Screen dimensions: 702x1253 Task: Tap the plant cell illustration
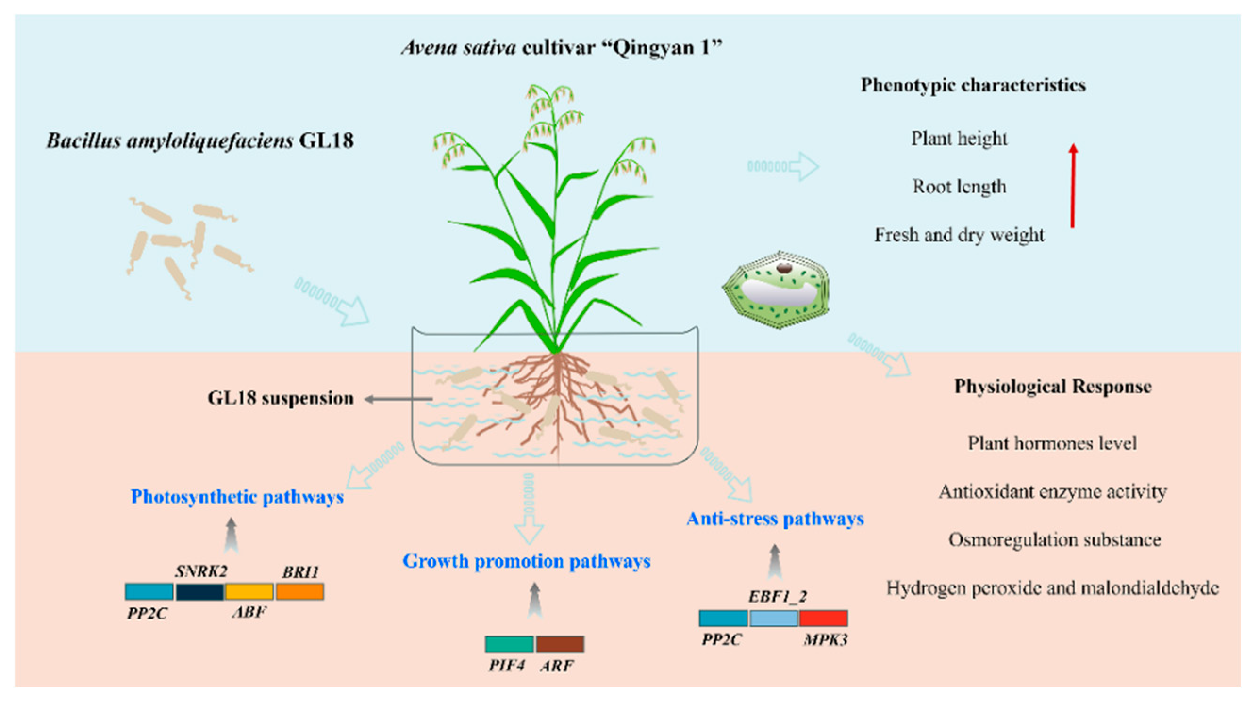(x=776, y=290)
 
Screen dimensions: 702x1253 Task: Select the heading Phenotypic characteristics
(x=973, y=85)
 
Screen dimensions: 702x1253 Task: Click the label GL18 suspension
(x=281, y=398)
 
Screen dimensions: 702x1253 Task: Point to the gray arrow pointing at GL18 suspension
(x=399, y=399)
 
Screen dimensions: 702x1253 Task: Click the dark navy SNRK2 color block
(x=200, y=592)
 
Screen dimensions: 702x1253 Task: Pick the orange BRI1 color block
(x=299, y=592)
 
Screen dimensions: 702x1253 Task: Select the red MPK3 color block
(x=823, y=618)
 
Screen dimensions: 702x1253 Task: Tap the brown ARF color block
(x=560, y=644)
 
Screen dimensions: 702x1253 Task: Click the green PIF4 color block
(x=509, y=644)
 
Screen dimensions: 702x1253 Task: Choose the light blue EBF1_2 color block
(x=773, y=618)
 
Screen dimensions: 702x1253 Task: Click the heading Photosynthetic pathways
(x=237, y=497)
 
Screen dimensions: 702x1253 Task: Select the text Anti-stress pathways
(x=775, y=519)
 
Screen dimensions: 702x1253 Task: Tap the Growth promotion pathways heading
(x=527, y=561)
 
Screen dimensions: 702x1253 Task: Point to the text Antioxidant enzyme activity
(x=1053, y=492)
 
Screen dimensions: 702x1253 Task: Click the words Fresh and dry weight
(x=959, y=235)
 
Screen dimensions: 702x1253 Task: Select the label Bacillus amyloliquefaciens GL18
(x=200, y=141)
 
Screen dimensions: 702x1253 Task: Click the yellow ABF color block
(x=249, y=592)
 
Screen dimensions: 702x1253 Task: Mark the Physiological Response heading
(x=1053, y=387)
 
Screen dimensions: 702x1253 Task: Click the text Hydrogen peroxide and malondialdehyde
(x=1053, y=588)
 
